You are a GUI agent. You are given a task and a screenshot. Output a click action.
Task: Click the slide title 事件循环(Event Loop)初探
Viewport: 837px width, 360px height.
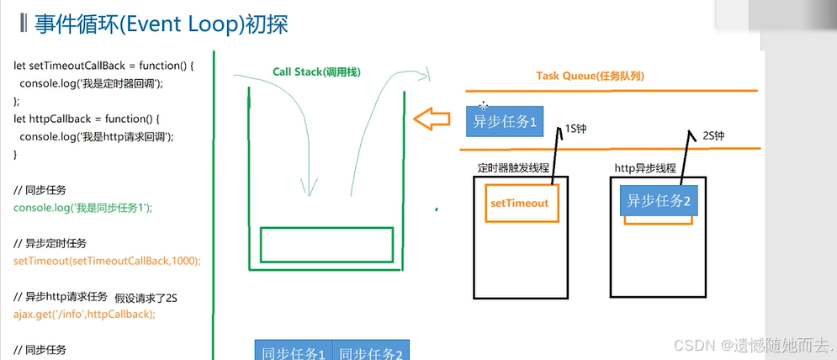(x=160, y=24)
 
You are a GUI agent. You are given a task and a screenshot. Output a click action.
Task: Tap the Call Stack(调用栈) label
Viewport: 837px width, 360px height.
(x=316, y=72)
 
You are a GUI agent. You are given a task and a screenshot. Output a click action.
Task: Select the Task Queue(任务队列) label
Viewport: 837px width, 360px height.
(x=591, y=77)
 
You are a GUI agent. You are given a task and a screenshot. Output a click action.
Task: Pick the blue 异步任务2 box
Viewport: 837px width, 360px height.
(x=659, y=201)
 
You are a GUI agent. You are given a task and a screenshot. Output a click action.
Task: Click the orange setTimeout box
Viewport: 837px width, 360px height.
(x=519, y=204)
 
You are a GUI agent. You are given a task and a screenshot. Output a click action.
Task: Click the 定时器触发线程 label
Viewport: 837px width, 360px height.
(x=514, y=167)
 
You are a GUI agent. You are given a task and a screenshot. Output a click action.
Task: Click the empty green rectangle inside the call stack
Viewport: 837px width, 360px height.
(x=326, y=244)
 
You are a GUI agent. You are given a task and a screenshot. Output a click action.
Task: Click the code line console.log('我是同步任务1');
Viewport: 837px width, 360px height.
(x=82, y=208)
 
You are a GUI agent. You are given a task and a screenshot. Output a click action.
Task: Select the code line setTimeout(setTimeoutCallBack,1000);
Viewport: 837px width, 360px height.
(x=107, y=261)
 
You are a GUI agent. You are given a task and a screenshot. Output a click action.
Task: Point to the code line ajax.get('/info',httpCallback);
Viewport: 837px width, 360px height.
(x=84, y=314)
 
